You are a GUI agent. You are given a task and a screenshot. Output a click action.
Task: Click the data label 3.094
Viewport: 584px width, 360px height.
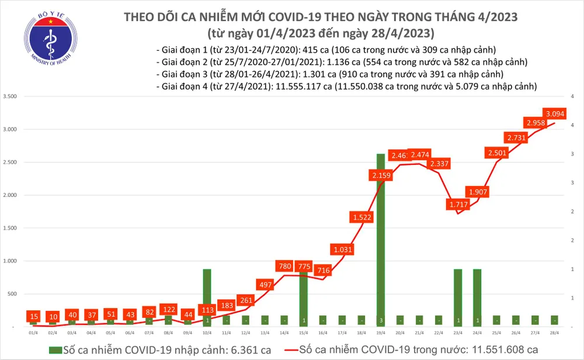pos(554,113)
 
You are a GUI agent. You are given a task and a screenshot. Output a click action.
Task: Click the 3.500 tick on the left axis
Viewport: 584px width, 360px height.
pos(11,96)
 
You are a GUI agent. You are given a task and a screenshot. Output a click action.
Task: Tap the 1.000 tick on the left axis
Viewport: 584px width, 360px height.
pos(11,261)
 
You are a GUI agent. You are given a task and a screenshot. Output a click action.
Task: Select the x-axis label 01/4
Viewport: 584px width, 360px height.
pos(33,332)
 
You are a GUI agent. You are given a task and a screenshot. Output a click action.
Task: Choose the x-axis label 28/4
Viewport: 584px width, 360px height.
pos(554,332)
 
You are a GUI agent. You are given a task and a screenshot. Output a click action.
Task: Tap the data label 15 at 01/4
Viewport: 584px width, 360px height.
pos(33,316)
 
